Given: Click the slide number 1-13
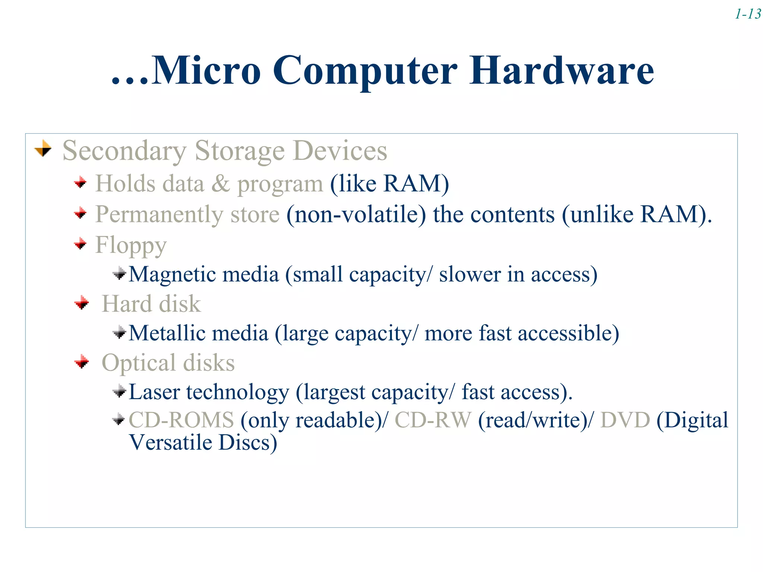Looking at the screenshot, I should pos(748,14).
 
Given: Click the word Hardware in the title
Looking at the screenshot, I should pos(561,70).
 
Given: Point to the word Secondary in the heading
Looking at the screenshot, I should pos(124,151).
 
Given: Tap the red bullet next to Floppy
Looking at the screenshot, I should pos(80,244).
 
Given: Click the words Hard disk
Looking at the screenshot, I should pos(151,304).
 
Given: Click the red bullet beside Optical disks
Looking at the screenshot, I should pos(82,362).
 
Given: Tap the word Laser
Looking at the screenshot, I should pos(154,392).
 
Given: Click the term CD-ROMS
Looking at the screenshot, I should pos(181,420).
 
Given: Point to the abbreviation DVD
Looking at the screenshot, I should pos(625,420).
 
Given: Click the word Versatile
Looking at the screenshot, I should pos(170,443).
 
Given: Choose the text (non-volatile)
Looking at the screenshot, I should pos(356,215).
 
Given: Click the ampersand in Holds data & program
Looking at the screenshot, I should pos(221,184).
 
